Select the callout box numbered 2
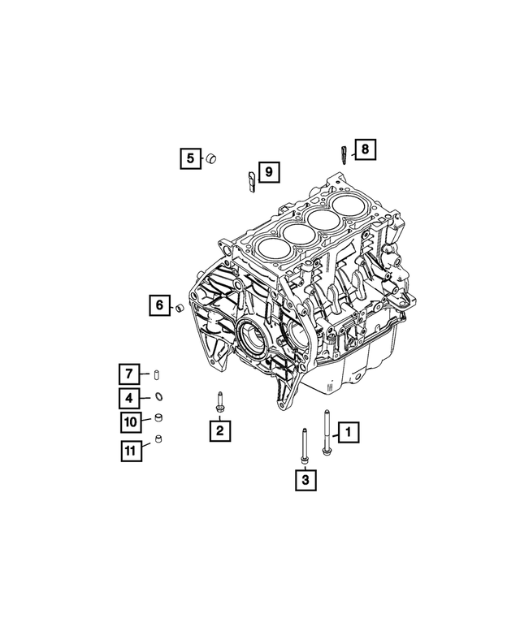pos(219,431)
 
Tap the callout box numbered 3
pos(305,481)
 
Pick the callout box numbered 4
pos(129,397)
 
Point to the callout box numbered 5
pos(190,158)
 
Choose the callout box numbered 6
pos(159,306)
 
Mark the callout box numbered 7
pos(129,374)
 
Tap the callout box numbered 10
pos(129,421)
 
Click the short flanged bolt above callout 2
pos(219,402)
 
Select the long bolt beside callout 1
pos(326,433)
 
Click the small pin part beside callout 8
pos(344,153)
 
